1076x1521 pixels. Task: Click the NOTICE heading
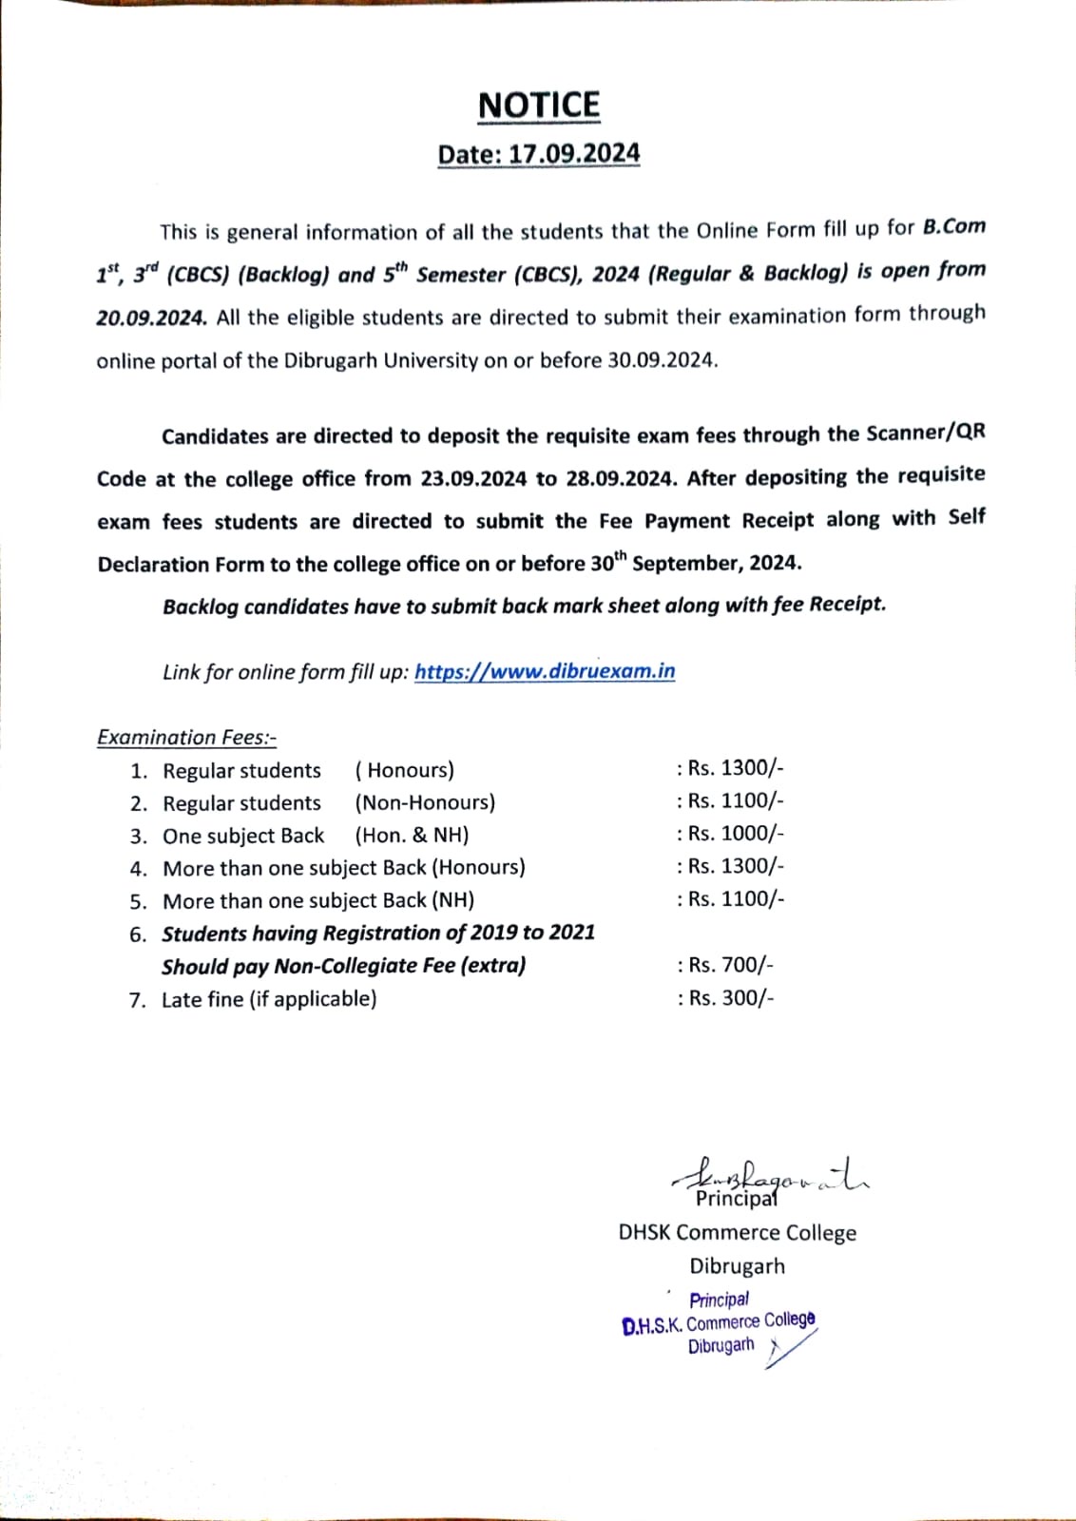pyautogui.click(x=539, y=106)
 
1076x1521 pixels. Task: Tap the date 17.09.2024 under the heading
pyautogui.click(x=574, y=154)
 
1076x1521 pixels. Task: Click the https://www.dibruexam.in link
pyautogui.click(x=545, y=671)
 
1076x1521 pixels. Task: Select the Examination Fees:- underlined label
pyautogui.click(x=186, y=738)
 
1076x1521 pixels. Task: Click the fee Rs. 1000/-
pyautogui.click(x=730, y=834)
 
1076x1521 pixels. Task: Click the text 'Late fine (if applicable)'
pyautogui.click(x=269, y=999)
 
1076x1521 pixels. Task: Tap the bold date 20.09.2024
pyautogui.click(x=151, y=318)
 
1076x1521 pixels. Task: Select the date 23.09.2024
pyautogui.click(x=473, y=478)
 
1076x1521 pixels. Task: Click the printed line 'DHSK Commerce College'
pyautogui.click(x=737, y=1233)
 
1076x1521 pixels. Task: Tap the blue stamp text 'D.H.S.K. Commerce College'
pyautogui.click(x=719, y=1322)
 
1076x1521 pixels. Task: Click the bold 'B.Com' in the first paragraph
pyautogui.click(x=953, y=228)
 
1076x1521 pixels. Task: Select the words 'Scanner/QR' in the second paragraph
pyautogui.click(x=926, y=433)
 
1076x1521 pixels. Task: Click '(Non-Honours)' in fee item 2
pyautogui.click(x=425, y=802)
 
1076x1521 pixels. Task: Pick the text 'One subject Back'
pyautogui.click(x=243, y=836)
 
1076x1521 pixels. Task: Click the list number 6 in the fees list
pyautogui.click(x=139, y=934)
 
